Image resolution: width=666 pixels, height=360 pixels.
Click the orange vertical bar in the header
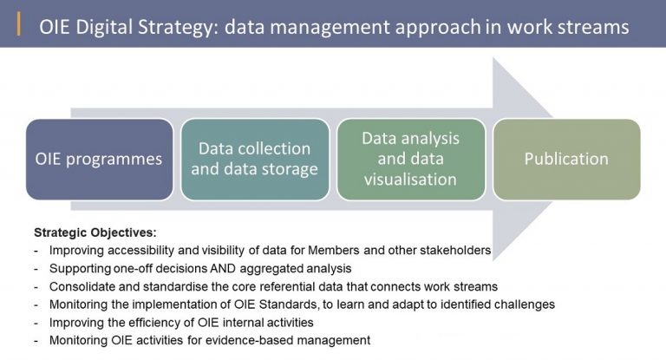19,23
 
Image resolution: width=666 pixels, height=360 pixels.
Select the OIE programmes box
100,159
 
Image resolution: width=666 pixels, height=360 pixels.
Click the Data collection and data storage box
255,159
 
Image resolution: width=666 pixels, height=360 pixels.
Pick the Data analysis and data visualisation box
411,159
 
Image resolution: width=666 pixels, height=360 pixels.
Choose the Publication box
566,159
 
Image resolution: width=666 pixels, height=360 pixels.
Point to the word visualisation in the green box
410,179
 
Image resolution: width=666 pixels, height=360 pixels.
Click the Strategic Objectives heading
95,233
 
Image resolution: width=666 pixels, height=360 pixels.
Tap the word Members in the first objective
334,250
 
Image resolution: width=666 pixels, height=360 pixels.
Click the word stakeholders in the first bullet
455,250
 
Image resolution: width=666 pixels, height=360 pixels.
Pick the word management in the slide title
330,28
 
